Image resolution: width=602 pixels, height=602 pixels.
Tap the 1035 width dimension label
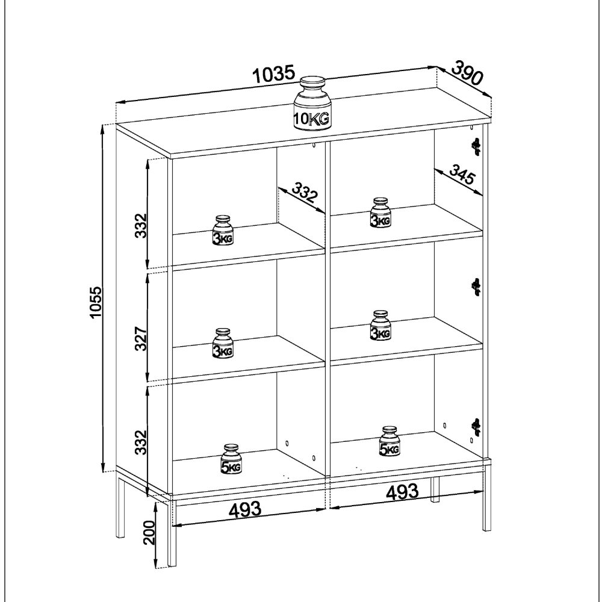[274, 75]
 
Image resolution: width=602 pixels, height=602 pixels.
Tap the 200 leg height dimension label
[150, 533]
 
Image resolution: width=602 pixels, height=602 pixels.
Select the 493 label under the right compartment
[402, 492]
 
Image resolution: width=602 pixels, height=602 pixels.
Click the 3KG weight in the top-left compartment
[223, 231]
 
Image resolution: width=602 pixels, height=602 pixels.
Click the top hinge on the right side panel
[476, 146]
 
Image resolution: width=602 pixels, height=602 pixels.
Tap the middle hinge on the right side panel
[476, 287]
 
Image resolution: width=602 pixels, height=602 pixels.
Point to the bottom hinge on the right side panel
[476, 426]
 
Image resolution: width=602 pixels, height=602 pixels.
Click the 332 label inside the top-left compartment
[305, 194]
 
